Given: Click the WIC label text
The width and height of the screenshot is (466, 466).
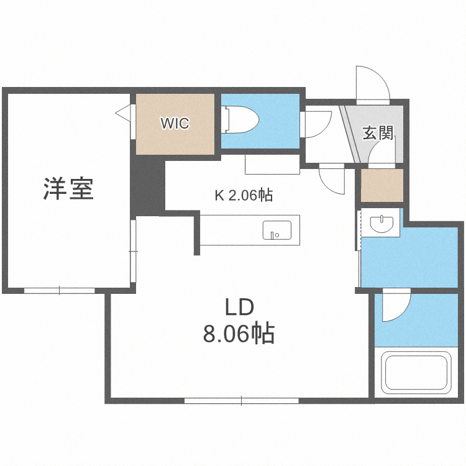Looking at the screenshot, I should pyautogui.click(x=175, y=123).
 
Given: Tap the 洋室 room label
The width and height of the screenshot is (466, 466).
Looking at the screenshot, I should pyautogui.click(x=68, y=188).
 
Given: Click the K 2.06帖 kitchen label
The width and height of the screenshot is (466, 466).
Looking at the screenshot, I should pyautogui.click(x=244, y=195).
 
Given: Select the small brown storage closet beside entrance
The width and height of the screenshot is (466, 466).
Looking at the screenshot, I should pyautogui.click(x=381, y=185).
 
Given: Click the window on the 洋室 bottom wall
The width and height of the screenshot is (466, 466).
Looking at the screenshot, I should pyautogui.click(x=60, y=290).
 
